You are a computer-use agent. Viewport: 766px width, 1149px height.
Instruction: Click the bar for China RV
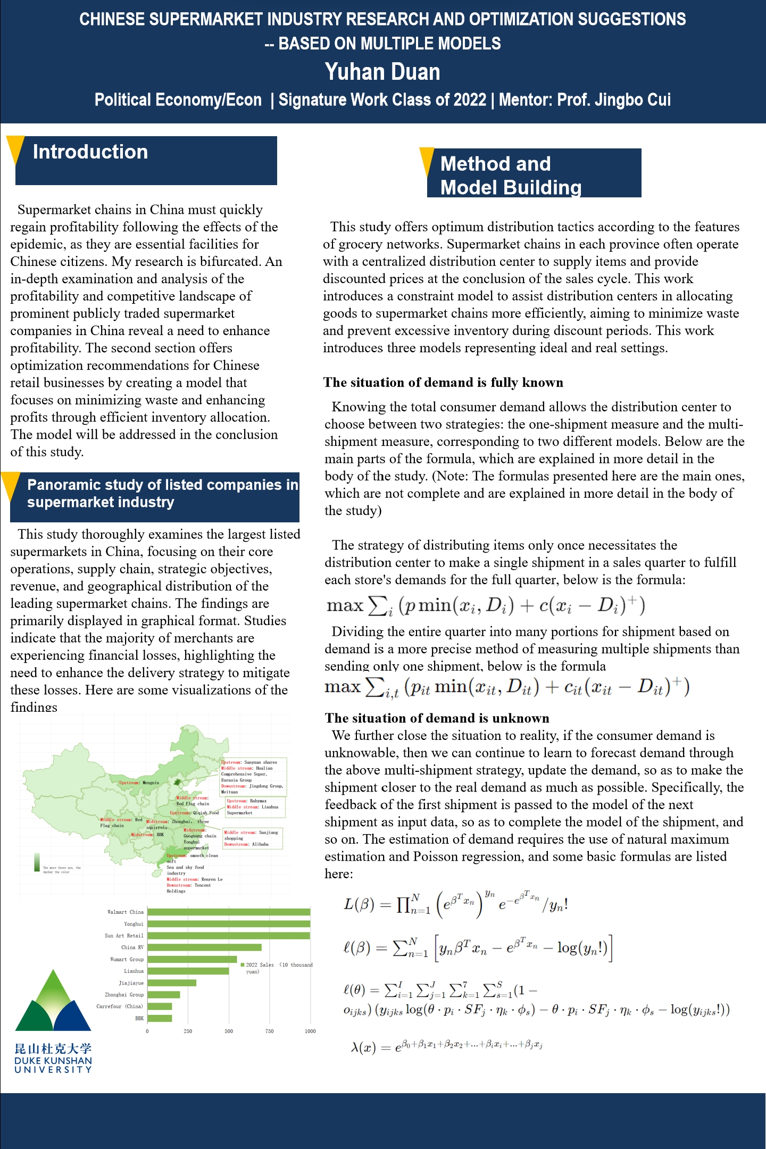204,947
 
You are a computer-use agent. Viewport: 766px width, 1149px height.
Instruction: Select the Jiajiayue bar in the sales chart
172,983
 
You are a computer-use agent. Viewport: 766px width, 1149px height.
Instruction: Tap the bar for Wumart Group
192,960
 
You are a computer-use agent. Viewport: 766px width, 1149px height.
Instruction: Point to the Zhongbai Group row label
124,995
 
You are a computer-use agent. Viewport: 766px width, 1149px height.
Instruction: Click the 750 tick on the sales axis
270,1031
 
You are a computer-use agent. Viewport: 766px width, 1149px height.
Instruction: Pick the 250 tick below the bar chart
188,1031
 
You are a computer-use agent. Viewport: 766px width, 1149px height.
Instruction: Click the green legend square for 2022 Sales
243,965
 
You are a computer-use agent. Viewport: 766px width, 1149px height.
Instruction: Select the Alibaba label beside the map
260,844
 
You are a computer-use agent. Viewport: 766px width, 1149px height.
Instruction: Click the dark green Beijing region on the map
177,782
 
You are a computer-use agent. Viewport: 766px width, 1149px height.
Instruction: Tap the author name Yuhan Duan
382,72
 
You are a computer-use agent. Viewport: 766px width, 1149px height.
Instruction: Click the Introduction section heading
90,152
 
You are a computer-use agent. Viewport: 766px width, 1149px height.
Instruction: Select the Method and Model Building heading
511,175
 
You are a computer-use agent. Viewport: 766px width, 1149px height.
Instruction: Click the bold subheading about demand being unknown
437,718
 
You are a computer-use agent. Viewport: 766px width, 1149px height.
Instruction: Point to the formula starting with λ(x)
446,1047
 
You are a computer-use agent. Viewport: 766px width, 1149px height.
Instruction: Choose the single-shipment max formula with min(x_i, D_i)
485,605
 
